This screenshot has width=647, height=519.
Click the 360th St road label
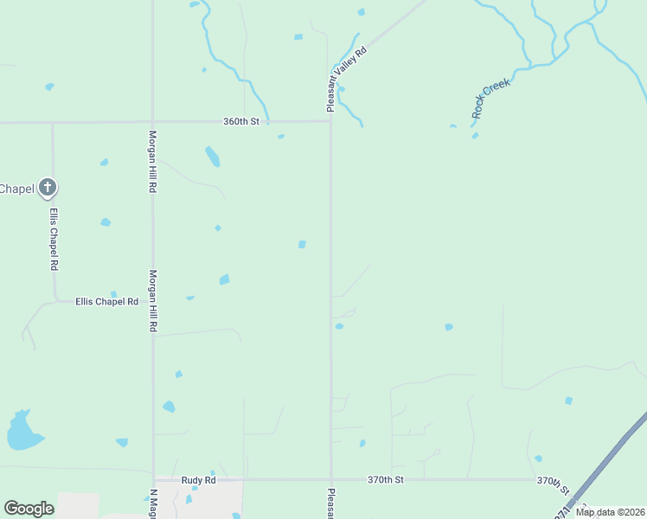click(x=242, y=122)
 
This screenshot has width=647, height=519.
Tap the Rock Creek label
click(x=491, y=98)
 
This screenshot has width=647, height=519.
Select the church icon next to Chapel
click(x=48, y=187)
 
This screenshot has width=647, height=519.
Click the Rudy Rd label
click(x=198, y=479)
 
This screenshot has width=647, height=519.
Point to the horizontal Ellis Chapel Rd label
click(x=106, y=302)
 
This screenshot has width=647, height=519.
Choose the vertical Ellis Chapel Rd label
click(x=54, y=239)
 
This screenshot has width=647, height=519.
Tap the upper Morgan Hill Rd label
click(x=152, y=161)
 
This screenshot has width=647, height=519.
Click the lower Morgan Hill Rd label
click(x=152, y=301)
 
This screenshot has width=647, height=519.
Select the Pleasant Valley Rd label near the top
click(x=348, y=80)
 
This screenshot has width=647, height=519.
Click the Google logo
click(x=29, y=509)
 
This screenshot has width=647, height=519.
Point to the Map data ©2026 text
click(x=609, y=512)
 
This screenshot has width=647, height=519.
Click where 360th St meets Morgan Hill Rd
click(x=153, y=122)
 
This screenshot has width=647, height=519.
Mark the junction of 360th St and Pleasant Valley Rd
click(x=330, y=121)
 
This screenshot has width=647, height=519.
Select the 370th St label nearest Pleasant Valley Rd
click(x=385, y=479)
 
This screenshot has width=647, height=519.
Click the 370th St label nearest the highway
click(x=554, y=481)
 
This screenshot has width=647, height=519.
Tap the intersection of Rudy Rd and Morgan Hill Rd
click(x=154, y=479)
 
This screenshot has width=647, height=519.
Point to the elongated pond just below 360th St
click(x=212, y=157)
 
